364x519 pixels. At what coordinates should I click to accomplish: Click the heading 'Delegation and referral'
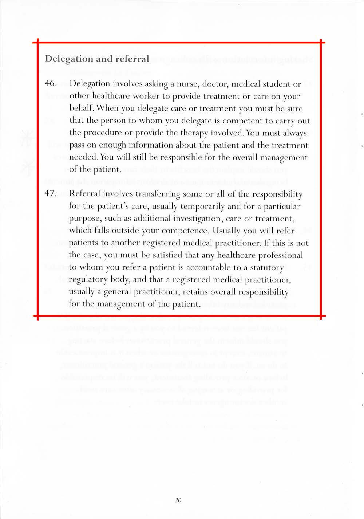click(97, 59)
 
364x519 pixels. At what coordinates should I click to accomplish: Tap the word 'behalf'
click(82, 109)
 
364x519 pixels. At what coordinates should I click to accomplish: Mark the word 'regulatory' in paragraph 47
click(87, 280)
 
